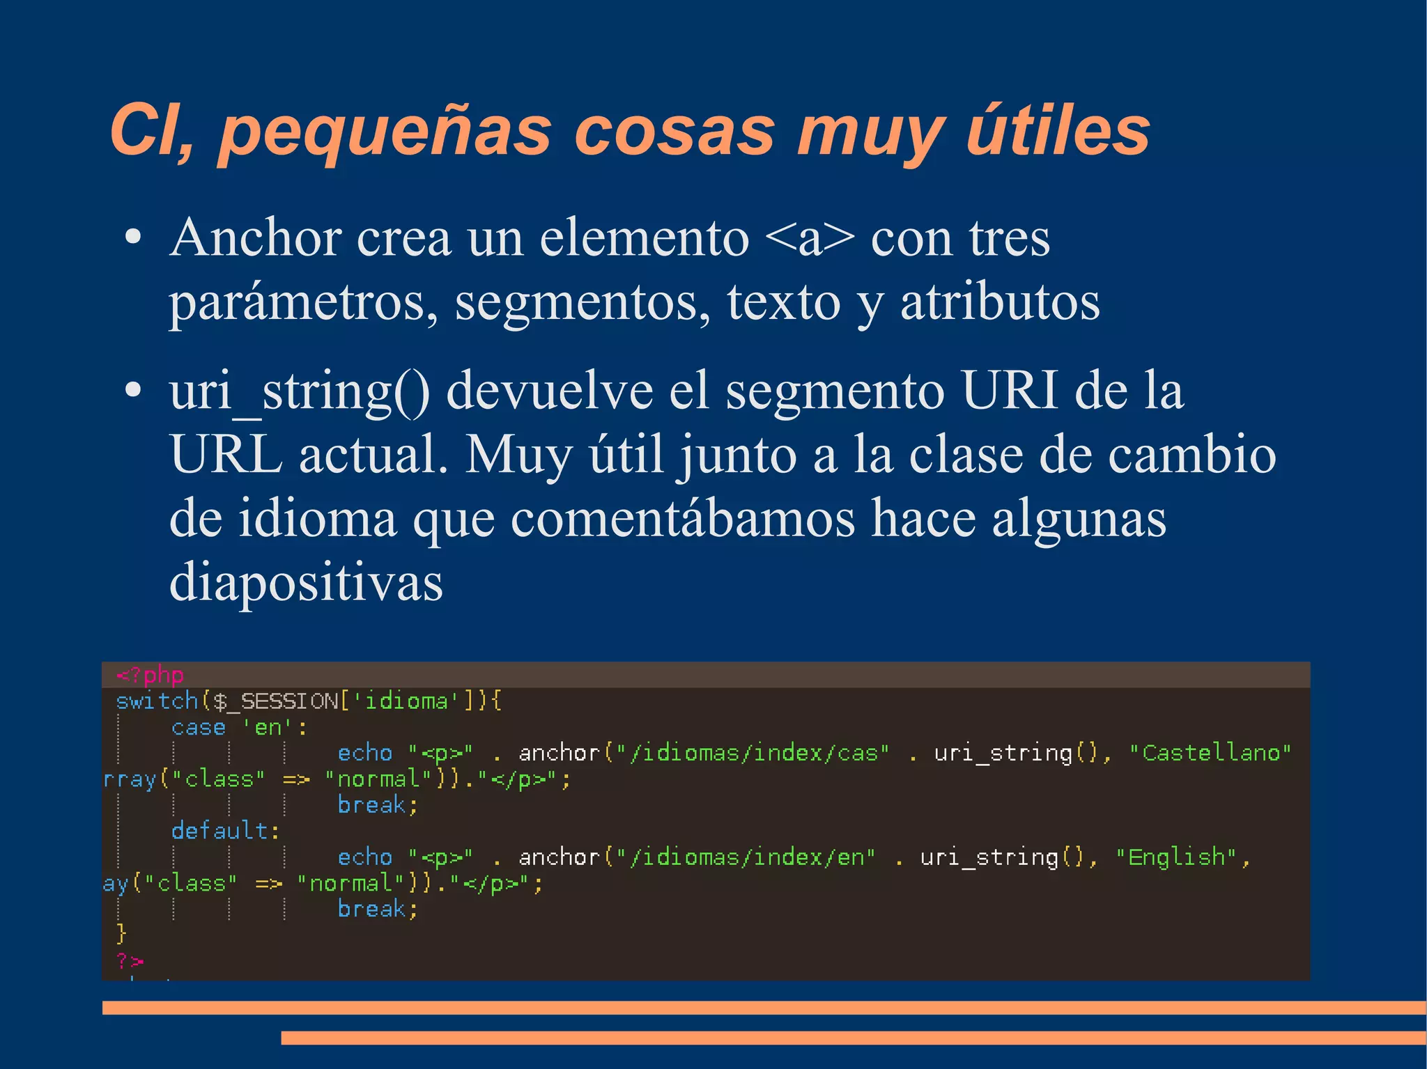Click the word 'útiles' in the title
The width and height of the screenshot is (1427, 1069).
[1058, 131]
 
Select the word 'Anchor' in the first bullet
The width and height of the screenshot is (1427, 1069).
[255, 238]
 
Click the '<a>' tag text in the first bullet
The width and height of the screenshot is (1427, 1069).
[809, 238]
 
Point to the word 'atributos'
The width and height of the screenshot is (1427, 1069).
[1000, 302]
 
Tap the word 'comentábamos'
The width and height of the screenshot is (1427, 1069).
[682, 519]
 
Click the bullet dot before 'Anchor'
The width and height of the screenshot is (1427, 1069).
[132, 238]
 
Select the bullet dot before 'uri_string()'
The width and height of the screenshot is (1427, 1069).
[132, 391]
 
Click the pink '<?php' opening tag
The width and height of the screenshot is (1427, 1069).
[150, 675]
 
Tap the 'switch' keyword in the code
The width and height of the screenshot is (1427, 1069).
[157, 701]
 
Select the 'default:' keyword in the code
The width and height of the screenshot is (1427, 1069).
[225, 831]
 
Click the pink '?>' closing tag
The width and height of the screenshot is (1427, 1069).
[130, 962]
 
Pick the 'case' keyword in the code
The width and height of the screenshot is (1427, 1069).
[199, 728]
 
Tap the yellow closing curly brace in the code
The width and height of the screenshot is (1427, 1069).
[122, 933]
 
